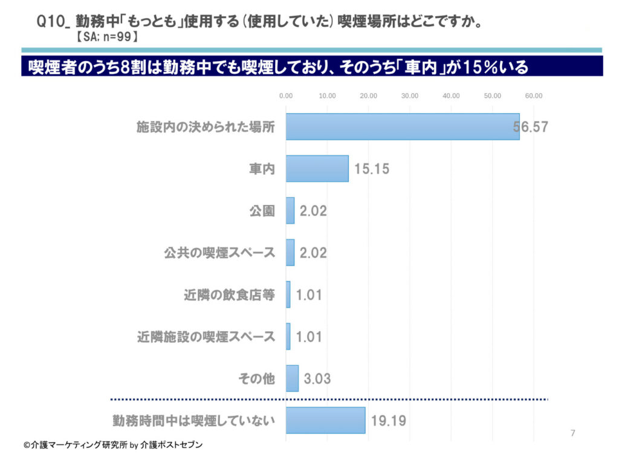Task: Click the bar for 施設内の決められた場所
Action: (x=402, y=127)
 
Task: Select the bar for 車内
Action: (x=317, y=169)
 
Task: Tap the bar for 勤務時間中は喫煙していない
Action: (x=325, y=420)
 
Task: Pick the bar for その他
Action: (x=292, y=378)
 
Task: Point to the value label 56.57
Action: (x=530, y=128)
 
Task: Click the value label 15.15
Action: (x=372, y=169)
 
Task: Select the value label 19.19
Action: (x=388, y=421)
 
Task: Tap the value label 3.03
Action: (x=317, y=379)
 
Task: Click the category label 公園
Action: (x=262, y=211)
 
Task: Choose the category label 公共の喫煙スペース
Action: (x=219, y=253)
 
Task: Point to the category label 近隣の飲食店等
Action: (x=229, y=295)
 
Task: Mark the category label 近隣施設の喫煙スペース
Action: (x=206, y=337)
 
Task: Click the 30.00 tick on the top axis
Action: (x=410, y=96)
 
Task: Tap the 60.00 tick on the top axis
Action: (x=534, y=96)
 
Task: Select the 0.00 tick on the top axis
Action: (x=286, y=96)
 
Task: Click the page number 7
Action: (x=573, y=433)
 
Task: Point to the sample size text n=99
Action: (x=114, y=37)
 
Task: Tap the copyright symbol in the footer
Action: (x=27, y=445)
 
